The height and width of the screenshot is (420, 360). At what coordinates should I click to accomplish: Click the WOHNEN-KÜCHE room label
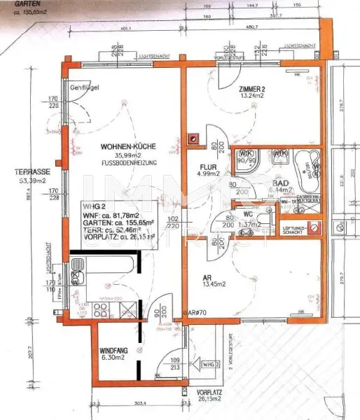pos(127,146)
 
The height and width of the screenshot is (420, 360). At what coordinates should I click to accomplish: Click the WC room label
pos(247,215)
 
